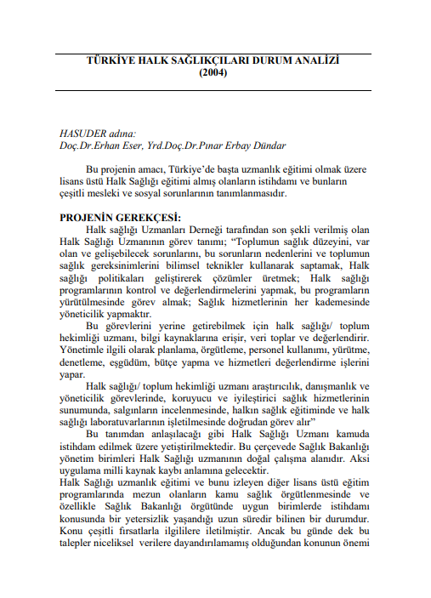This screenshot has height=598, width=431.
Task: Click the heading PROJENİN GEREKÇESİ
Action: [x=113, y=218]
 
